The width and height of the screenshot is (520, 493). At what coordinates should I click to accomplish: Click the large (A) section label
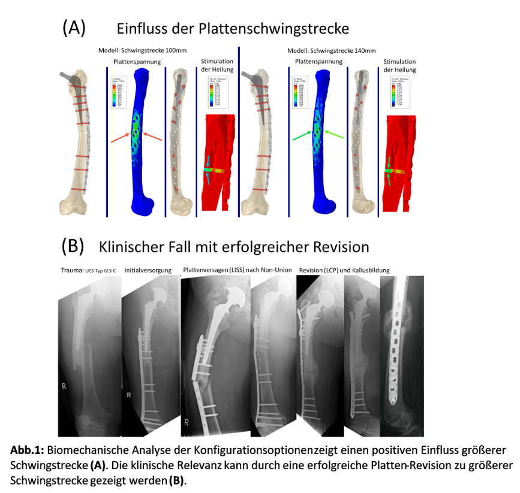point(74,27)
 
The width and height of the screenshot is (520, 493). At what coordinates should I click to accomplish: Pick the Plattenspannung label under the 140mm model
point(318,62)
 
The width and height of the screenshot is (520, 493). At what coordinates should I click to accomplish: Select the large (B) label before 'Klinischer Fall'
point(74,246)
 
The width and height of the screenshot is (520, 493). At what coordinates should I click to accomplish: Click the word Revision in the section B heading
point(338,246)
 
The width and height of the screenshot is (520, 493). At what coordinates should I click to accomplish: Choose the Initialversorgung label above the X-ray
point(148,270)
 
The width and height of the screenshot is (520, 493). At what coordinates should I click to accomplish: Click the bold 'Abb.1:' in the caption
point(28,450)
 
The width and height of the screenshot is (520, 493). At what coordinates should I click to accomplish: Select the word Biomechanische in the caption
point(86,450)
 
